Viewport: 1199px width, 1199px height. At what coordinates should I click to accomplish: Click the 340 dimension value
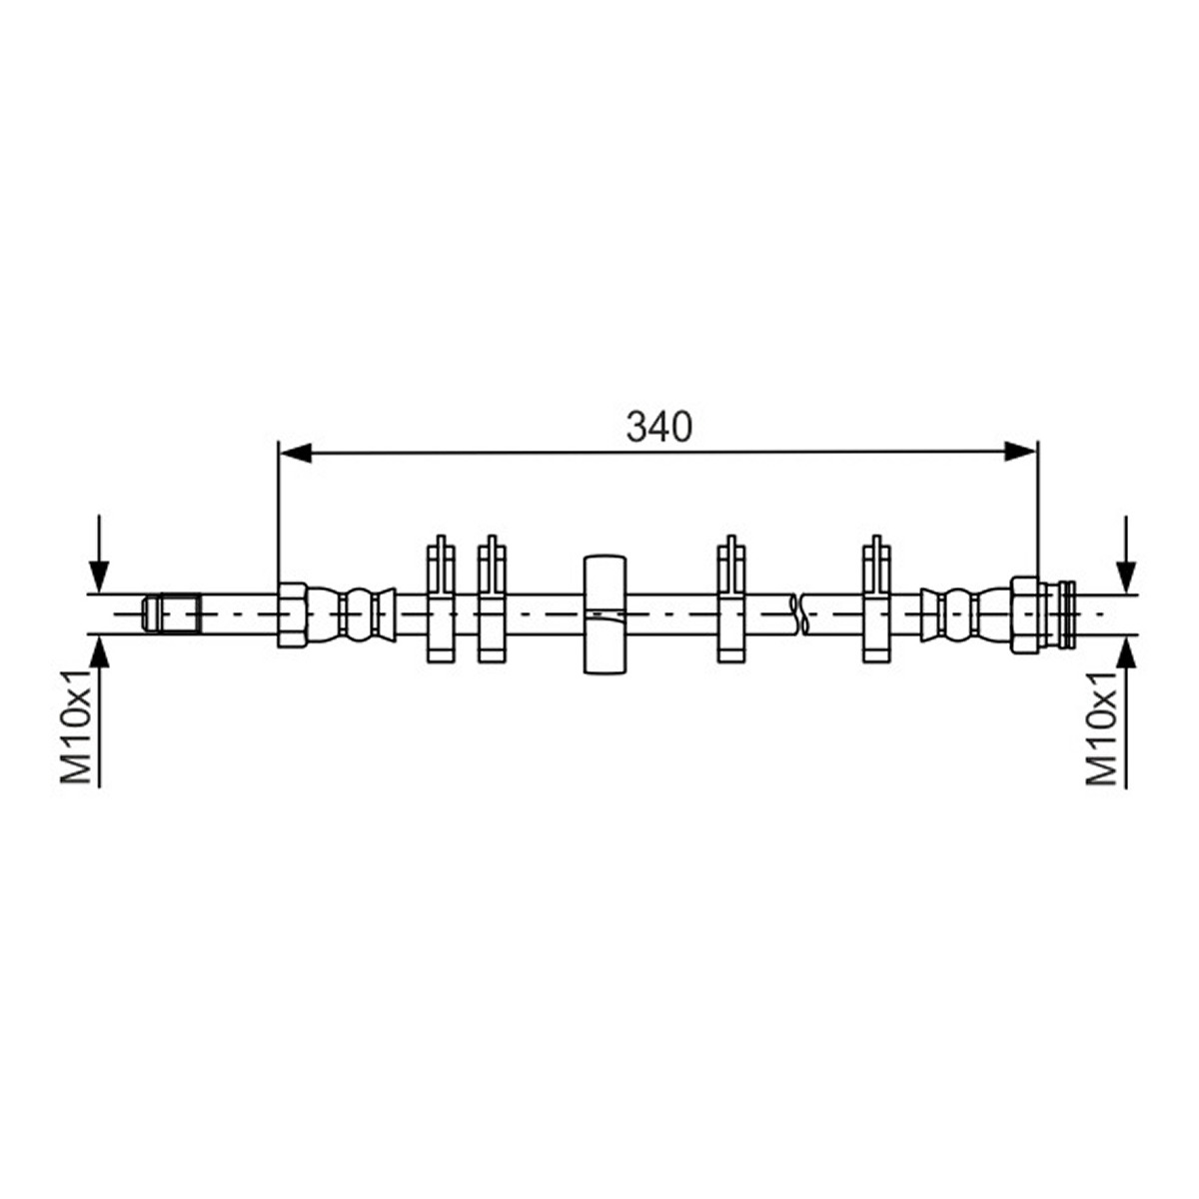point(658,428)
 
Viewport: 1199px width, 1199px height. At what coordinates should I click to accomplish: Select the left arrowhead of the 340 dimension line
point(296,453)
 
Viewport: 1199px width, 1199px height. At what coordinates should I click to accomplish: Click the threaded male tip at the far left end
point(171,613)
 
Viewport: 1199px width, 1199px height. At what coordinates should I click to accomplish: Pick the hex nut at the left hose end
point(291,615)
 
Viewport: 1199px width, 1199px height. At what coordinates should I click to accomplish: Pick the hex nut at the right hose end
point(1024,615)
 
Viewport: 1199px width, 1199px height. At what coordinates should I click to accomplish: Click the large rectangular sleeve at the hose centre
point(604,614)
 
